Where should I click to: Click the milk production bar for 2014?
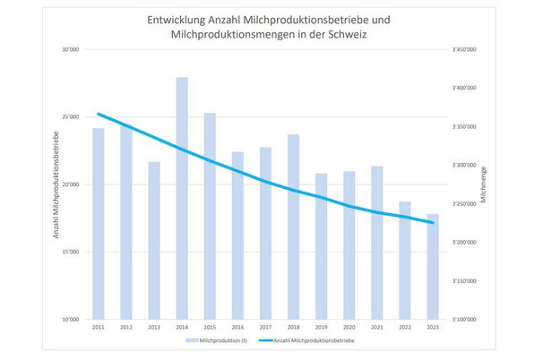click(x=182, y=197)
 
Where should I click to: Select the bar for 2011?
click(x=99, y=224)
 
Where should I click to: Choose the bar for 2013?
click(x=154, y=240)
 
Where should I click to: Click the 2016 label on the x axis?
click(x=237, y=327)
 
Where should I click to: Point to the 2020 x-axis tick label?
click(x=349, y=327)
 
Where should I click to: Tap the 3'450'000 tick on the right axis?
click(x=465, y=50)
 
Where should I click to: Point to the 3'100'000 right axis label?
click(x=465, y=319)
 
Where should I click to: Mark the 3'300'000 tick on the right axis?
click(x=465, y=166)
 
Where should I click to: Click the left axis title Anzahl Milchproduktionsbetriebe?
click(x=56, y=184)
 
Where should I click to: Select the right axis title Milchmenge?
click(x=485, y=184)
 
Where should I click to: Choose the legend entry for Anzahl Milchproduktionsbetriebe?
click(x=314, y=341)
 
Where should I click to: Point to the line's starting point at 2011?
click(x=99, y=114)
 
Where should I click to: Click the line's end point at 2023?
click(x=432, y=222)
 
